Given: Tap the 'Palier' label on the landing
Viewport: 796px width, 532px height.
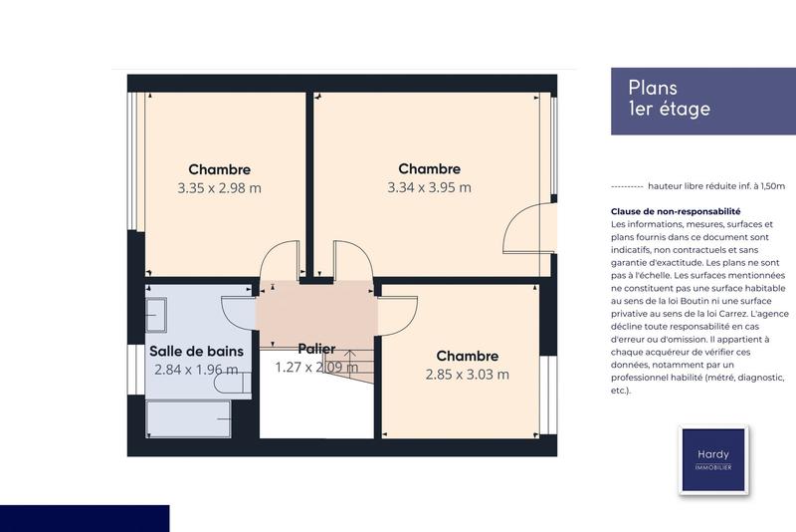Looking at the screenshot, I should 316,349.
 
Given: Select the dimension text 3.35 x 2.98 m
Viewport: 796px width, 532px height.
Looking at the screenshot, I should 219,187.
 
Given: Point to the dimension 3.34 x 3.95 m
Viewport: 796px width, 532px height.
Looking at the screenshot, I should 429,187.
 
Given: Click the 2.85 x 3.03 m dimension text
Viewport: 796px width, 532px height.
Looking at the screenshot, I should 467,375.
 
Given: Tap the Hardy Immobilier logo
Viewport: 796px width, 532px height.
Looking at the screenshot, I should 713,459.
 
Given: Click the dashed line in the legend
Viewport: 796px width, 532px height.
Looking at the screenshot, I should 626,186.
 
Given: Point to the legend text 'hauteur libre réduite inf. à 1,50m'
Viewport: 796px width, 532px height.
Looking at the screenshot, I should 715,186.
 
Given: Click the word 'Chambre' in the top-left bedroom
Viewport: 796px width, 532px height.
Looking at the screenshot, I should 219,169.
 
